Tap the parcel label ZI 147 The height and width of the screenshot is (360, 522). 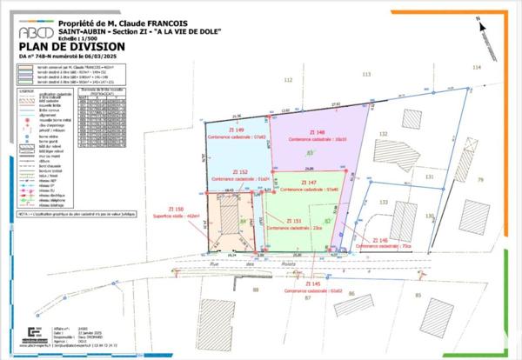(x=308, y=183)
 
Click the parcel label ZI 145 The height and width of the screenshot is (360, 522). (x=313, y=283)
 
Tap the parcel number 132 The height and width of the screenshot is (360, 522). (x=383, y=134)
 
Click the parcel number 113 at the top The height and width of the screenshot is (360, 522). (x=366, y=75)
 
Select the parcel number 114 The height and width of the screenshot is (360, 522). (x=476, y=66)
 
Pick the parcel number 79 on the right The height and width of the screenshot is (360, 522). (x=479, y=179)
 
